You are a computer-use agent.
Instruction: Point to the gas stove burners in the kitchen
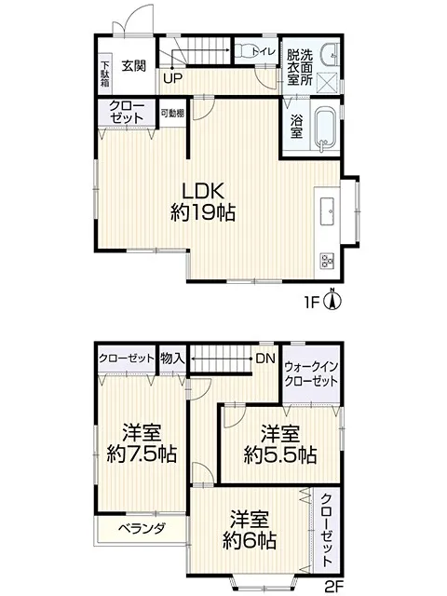tap(327, 261)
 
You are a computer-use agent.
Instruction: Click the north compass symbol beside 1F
tap(332, 300)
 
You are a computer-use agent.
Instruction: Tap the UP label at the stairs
tap(173, 78)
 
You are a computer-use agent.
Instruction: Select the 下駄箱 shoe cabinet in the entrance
tap(105, 74)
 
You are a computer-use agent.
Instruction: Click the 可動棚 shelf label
tap(172, 113)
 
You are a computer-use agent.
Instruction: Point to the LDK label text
tap(202, 191)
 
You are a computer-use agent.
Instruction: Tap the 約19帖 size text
tap(202, 212)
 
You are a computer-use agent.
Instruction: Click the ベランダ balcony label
tap(142, 528)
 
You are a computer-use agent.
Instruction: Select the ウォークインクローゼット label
tap(311, 373)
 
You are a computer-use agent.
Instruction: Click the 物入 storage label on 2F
tap(172, 358)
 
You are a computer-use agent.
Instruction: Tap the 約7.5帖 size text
tap(142, 454)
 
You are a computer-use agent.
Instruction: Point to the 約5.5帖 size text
tap(280, 454)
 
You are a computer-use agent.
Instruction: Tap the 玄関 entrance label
tap(134, 66)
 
